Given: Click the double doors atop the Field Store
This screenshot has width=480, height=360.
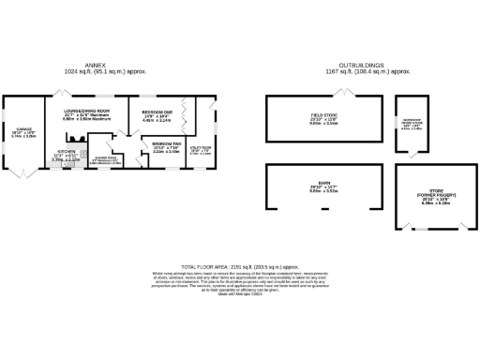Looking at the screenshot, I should pyautogui.click(x=349, y=92).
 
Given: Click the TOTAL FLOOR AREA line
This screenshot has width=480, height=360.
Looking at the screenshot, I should pyautogui.click(x=239, y=268).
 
